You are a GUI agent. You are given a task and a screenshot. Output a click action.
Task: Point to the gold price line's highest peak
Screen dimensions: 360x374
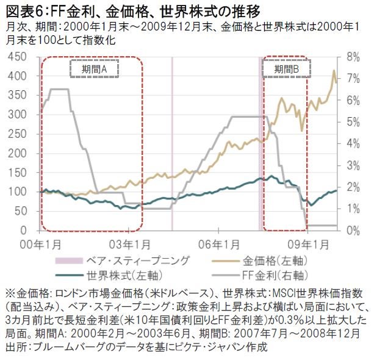(x=334, y=71)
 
